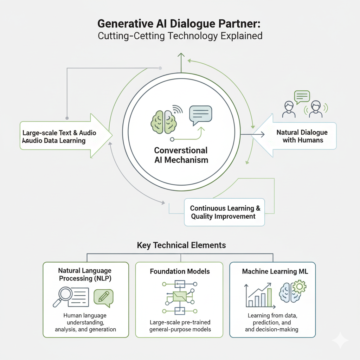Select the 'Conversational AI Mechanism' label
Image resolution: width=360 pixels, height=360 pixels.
tap(181, 155)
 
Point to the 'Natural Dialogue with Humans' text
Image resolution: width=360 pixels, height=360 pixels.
tap(302, 136)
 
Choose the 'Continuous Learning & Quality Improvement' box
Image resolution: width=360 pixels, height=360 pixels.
tap(224, 212)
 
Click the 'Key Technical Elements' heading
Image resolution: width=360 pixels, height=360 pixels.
tap(181, 245)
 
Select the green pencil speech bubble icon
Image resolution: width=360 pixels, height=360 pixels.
tap(103, 297)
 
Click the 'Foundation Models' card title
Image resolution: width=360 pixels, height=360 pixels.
tap(180, 271)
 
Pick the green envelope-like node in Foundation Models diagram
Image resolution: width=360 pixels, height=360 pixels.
tap(180, 296)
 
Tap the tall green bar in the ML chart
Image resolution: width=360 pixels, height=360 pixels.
tap(270, 298)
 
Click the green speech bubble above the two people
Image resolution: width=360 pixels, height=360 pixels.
tap(302, 96)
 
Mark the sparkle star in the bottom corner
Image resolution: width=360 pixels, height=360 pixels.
tap(340, 340)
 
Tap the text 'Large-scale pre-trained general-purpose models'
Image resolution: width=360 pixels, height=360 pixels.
tap(179, 326)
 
